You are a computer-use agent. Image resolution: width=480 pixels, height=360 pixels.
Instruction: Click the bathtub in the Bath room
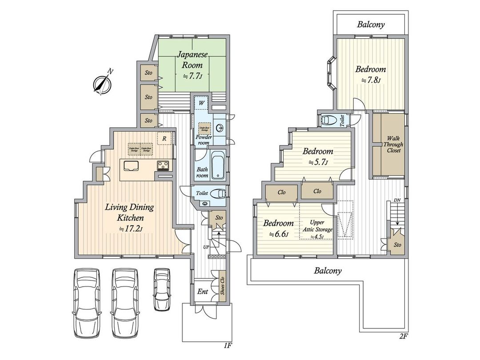click(218, 166)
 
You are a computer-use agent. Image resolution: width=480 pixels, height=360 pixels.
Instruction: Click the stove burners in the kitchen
click(162, 166)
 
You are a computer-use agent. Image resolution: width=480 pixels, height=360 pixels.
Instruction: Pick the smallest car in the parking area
click(162, 289)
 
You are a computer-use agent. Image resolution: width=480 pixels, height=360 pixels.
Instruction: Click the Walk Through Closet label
click(393, 144)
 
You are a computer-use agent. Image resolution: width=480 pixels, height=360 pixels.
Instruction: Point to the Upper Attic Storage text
click(317, 226)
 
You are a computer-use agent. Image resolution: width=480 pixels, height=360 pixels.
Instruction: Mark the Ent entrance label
click(203, 292)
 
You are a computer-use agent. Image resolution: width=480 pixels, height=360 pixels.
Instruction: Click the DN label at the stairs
click(397, 200)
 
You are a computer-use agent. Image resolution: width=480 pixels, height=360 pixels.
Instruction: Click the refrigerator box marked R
click(164, 138)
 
